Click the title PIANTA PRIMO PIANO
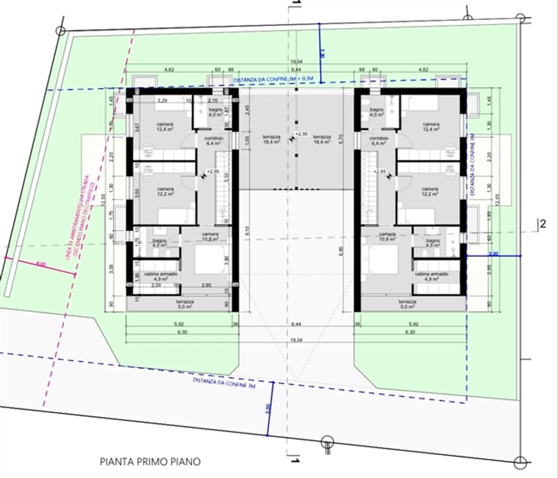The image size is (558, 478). (150, 461)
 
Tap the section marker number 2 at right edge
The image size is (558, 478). (543, 224)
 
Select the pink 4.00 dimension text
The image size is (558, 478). (41, 264)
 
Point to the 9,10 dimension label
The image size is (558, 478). (247, 231)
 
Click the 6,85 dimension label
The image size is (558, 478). (341, 251)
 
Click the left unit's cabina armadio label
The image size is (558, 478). (161, 276)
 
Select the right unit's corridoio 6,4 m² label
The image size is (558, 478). (379, 140)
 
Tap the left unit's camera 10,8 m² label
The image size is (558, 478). (210, 236)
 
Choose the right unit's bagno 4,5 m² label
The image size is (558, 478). (433, 243)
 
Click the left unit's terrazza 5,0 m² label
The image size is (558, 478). (185, 304)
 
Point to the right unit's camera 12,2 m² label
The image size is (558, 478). (430, 192)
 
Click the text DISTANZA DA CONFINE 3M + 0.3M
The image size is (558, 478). (273, 79)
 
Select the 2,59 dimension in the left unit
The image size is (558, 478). (156, 285)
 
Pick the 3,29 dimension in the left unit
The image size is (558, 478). (162, 101)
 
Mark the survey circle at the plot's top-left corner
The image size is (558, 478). (60, 31)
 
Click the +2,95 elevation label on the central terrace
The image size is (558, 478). (301, 134)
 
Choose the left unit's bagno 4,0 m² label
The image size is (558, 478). (215, 112)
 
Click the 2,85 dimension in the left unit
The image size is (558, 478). (207, 285)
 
